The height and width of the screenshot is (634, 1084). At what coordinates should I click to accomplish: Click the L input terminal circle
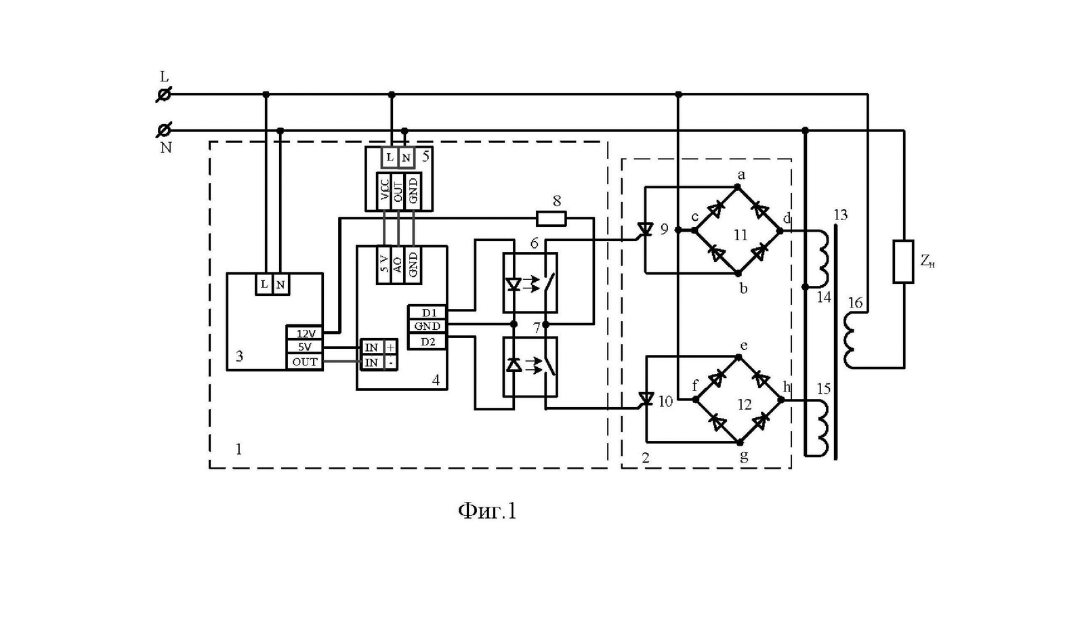[x=164, y=94]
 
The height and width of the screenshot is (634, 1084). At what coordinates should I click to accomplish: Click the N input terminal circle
[x=164, y=130]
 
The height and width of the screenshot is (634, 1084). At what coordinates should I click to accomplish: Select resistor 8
[x=551, y=218]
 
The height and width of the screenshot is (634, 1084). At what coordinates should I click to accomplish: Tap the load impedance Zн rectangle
[x=903, y=261]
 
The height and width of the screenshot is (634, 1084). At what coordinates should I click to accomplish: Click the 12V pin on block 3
[x=305, y=333]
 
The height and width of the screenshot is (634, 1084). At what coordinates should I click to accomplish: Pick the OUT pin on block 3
[x=305, y=362]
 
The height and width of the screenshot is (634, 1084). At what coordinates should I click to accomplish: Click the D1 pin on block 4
[x=428, y=313]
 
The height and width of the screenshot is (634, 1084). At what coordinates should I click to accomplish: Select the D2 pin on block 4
[x=428, y=341]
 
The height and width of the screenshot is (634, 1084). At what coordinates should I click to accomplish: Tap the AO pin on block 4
[x=398, y=265]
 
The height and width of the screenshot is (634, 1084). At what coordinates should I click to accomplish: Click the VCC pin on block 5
[x=383, y=191]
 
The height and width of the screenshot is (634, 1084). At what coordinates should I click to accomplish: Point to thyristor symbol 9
[x=645, y=230]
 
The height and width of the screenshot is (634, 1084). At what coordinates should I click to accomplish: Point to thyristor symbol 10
[x=646, y=399]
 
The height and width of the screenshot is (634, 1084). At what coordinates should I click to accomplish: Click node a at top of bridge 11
[x=738, y=187]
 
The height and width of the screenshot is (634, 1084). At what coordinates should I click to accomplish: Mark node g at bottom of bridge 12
[x=740, y=442]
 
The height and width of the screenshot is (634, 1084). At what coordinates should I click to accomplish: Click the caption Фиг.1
[x=487, y=511]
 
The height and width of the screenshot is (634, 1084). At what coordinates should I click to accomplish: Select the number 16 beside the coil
[x=856, y=303]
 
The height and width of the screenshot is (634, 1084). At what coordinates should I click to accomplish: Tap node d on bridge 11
[x=780, y=231]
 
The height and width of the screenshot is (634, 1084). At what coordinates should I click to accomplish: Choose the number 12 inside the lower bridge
[x=745, y=404]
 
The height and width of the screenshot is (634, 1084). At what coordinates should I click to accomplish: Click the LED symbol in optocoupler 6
[x=513, y=284]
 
